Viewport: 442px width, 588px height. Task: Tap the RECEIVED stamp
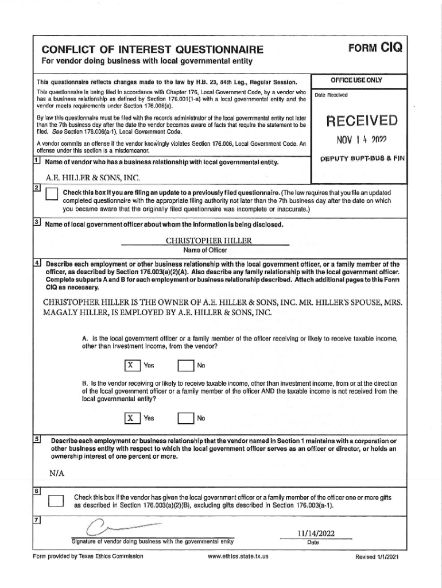361,121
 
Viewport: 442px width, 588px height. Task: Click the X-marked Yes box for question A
132,365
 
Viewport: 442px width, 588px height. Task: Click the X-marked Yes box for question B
132,418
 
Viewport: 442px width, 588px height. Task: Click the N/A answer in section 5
57,473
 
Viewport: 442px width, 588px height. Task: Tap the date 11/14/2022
312,533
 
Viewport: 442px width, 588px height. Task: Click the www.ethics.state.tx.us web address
239,556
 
